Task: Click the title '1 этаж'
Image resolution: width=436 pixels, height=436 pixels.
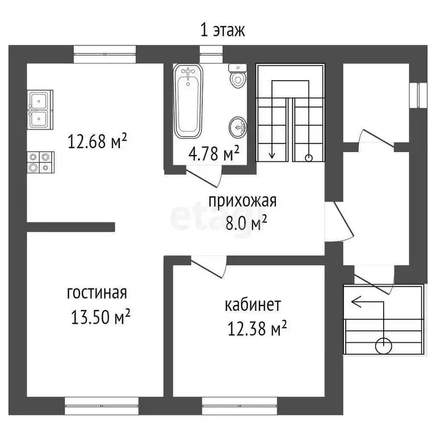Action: click(223, 30)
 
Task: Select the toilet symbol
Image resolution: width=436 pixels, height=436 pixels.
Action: click(238, 77)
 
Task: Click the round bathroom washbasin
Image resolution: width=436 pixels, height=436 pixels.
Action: click(238, 127)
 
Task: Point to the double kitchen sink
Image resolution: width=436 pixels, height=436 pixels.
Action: click(39, 109)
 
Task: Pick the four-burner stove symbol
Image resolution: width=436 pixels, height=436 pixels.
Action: click(39, 161)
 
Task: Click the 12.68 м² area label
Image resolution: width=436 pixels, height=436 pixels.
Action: click(97, 140)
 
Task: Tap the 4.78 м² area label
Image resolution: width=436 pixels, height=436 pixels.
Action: click(213, 153)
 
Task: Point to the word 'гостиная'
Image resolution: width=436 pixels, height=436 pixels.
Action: click(97, 293)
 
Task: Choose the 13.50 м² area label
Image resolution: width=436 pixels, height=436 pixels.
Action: click(101, 316)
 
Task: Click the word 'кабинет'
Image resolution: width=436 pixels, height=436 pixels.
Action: click(252, 305)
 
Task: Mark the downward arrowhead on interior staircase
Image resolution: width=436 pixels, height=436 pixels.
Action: click(272, 154)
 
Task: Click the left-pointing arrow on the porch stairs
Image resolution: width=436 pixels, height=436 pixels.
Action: click(356, 302)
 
